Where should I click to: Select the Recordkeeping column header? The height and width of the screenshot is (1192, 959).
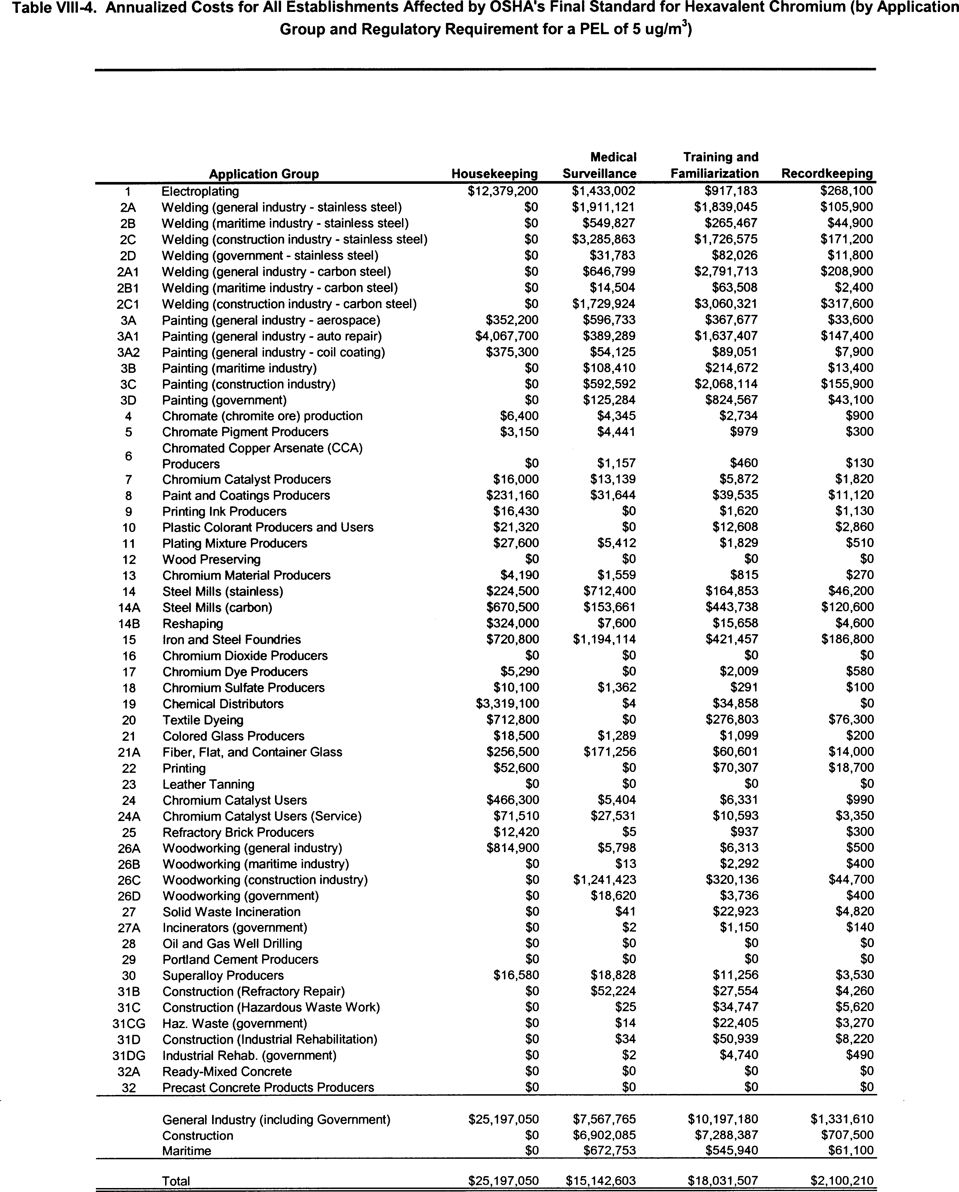pos(827,174)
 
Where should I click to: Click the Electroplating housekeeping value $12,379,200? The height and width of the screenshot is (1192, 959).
pos(503,191)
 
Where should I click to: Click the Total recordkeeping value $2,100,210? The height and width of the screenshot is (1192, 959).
pos(842,1180)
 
